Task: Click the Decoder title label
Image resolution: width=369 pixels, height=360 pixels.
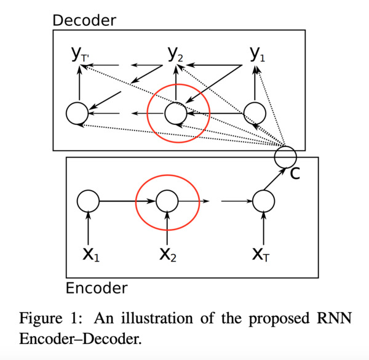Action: [x=84, y=20]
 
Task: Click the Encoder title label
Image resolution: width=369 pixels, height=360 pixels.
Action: [x=97, y=288]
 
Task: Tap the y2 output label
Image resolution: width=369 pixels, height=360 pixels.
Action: [x=175, y=54]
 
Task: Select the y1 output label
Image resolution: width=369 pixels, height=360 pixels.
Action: [x=257, y=54]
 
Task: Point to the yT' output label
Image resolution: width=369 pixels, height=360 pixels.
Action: [x=80, y=54]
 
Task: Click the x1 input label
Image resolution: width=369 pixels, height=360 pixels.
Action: [x=91, y=255]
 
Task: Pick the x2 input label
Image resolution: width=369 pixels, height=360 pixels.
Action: [x=167, y=255]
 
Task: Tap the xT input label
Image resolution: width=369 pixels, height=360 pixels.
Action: [x=261, y=255]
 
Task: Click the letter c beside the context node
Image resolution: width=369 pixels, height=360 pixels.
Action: [x=295, y=174]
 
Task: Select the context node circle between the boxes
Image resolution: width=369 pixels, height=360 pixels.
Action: [x=285, y=146]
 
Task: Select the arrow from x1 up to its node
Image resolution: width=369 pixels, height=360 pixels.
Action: [x=88, y=228]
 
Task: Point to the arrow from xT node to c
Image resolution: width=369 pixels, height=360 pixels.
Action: [x=275, y=178]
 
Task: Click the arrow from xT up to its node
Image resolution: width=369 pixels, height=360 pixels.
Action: [x=264, y=228]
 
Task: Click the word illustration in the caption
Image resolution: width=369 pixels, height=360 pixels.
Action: [x=157, y=318]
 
